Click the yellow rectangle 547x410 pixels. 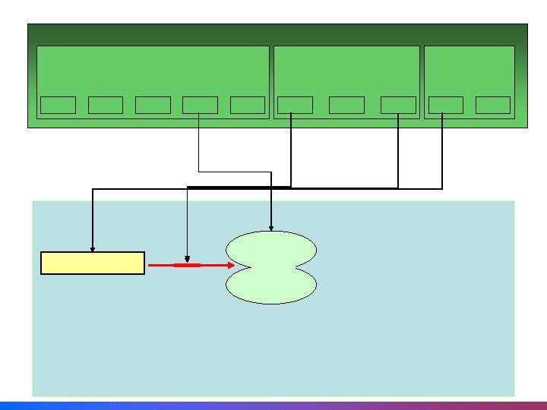(x=92, y=263)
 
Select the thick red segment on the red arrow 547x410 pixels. (x=187, y=265)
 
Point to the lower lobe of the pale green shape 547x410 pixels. (x=271, y=285)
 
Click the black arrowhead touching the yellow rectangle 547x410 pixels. (x=93, y=248)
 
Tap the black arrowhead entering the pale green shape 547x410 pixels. (x=271, y=227)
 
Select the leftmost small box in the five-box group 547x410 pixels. (x=58, y=105)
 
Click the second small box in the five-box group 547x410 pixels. (x=106, y=105)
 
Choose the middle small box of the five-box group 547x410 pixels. (x=153, y=105)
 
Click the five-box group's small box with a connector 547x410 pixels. (x=200, y=105)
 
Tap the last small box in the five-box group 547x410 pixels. (x=247, y=105)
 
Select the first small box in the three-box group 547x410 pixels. (x=295, y=105)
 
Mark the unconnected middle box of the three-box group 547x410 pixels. (x=346, y=105)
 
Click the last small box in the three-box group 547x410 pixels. (x=398, y=105)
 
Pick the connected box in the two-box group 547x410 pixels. (x=445, y=105)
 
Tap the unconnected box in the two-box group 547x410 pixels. (x=492, y=105)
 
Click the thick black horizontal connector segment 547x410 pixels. (x=239, y=187)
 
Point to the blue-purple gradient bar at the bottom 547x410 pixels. (x=273, y=405)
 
